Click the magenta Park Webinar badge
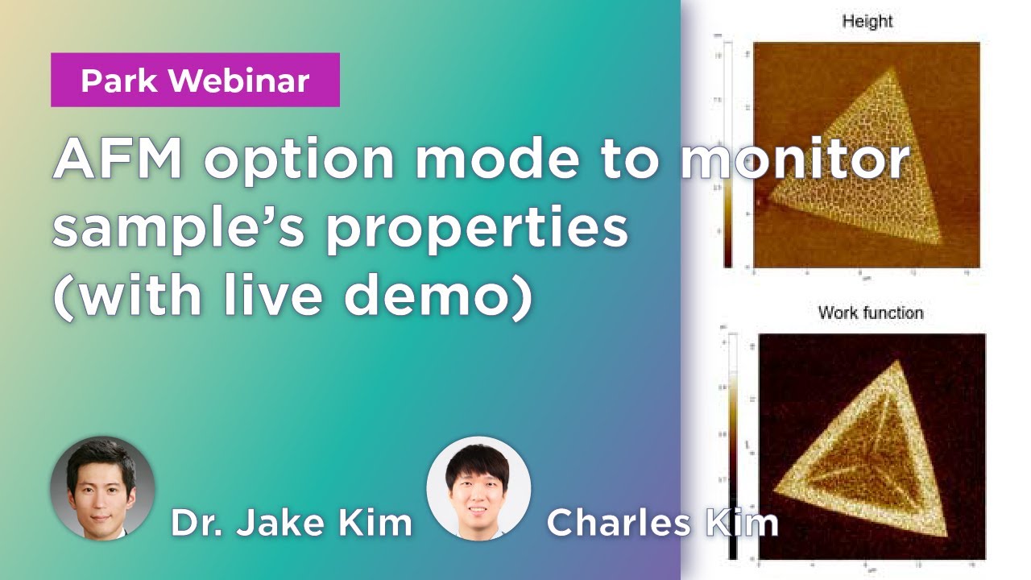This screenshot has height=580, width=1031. point(195,80)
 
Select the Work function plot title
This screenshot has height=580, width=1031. point(870,312)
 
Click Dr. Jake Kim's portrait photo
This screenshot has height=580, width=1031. point(102,488)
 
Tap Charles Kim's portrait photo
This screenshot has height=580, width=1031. point(478,488)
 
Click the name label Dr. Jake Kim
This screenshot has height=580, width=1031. point(291,524)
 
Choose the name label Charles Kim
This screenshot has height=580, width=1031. point(662,524)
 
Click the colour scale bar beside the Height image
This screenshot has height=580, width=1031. point(727,153)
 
